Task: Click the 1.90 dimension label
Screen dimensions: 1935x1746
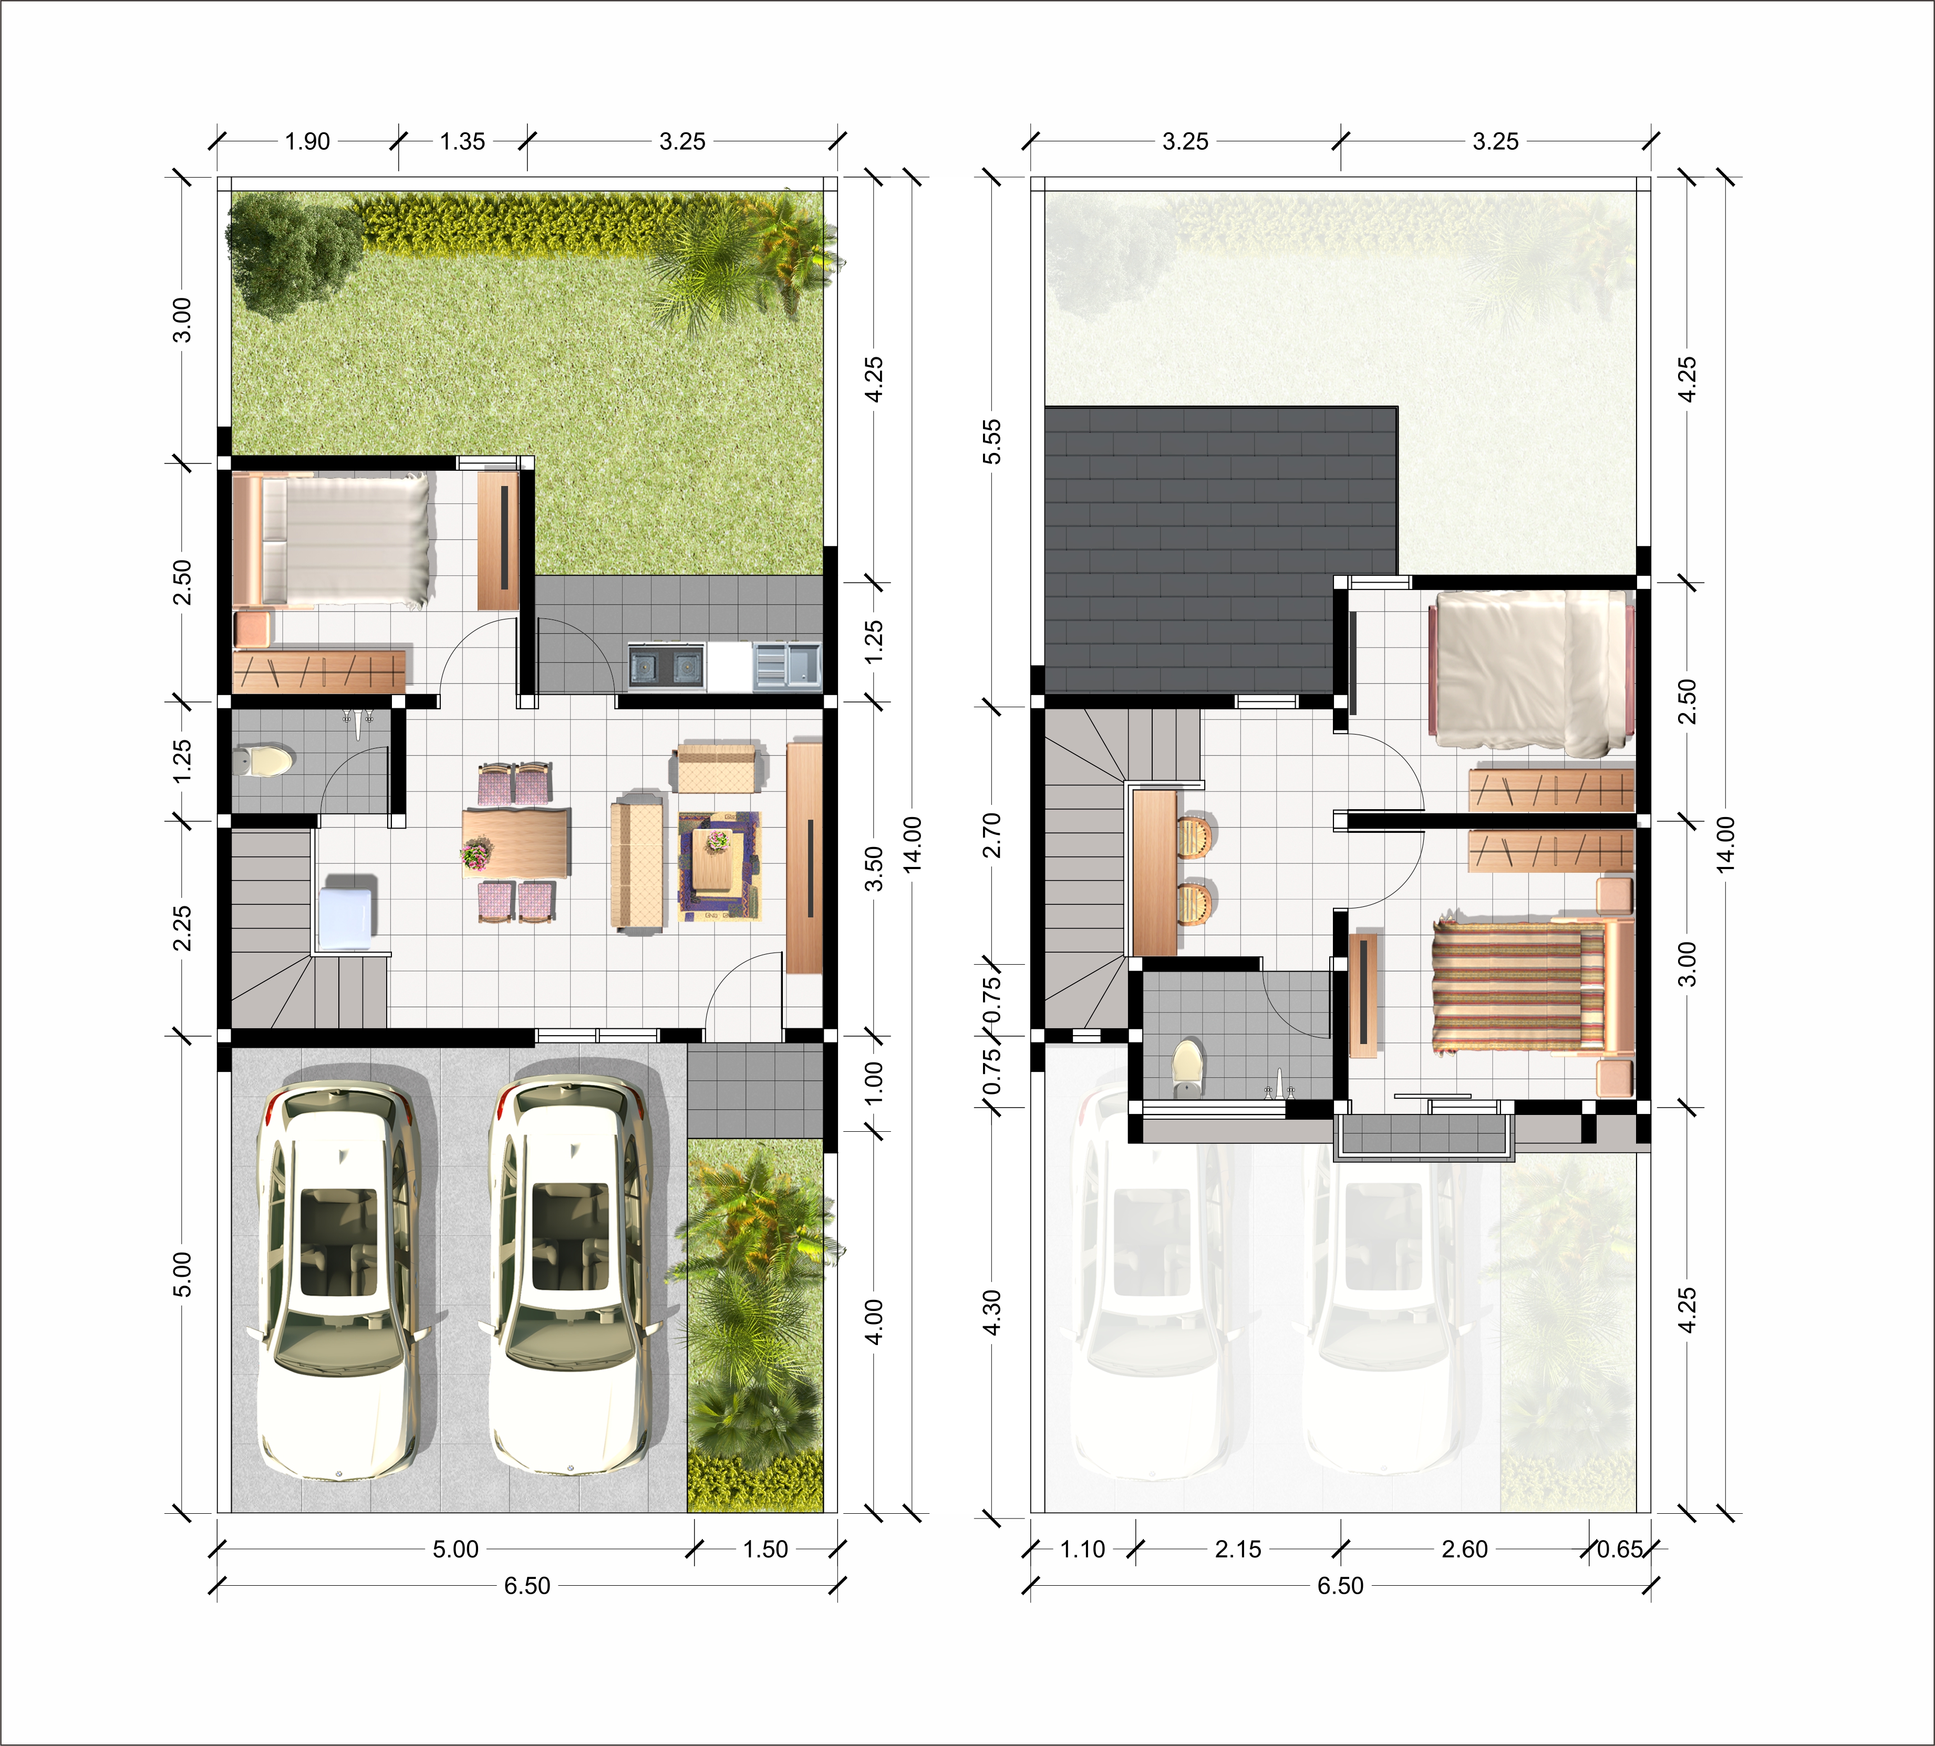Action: click(x=307, y=142)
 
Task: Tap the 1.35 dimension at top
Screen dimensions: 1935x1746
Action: click(x=462, y=142)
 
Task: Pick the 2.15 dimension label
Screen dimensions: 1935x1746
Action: click(x=1238, y=1549)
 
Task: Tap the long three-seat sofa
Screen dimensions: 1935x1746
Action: click(x=637, y=862)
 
